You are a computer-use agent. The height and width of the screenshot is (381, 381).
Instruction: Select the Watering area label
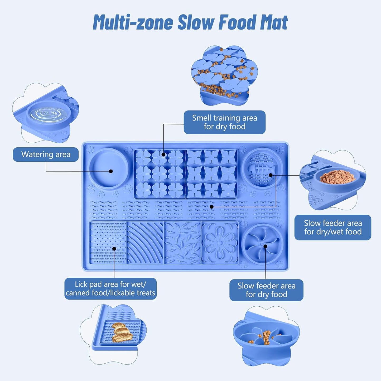[x=46, y=155]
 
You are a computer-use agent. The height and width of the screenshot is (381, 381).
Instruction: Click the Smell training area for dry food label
[x=225, y=122]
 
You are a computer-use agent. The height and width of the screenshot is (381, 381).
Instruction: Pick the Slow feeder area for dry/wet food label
[x=333, y=227]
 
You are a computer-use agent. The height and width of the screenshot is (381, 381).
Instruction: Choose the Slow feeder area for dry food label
[x=266, y=290]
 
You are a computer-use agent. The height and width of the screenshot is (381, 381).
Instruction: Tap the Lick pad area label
[x=110, y=289]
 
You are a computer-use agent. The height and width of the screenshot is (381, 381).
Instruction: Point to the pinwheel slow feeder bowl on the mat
[x=262, y=244]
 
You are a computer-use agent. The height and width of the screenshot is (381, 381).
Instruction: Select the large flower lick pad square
[x=220, y=243]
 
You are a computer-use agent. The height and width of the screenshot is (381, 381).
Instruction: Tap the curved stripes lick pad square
[x=145, y=243]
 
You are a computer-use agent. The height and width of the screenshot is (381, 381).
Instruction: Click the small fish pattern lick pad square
[x=182, y=243]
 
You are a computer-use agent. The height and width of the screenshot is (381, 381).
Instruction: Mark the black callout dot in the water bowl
[x=111, y=171]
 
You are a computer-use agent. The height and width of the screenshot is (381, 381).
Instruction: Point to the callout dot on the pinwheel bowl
[x=265, y=246]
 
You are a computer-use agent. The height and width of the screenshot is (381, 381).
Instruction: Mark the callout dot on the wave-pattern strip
[x=211, y=207]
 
